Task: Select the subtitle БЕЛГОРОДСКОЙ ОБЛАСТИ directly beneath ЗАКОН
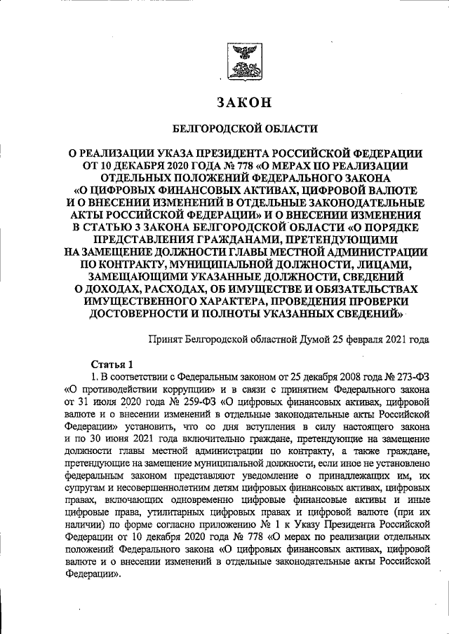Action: click(245, 129)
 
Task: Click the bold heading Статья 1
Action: click(112, 363)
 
